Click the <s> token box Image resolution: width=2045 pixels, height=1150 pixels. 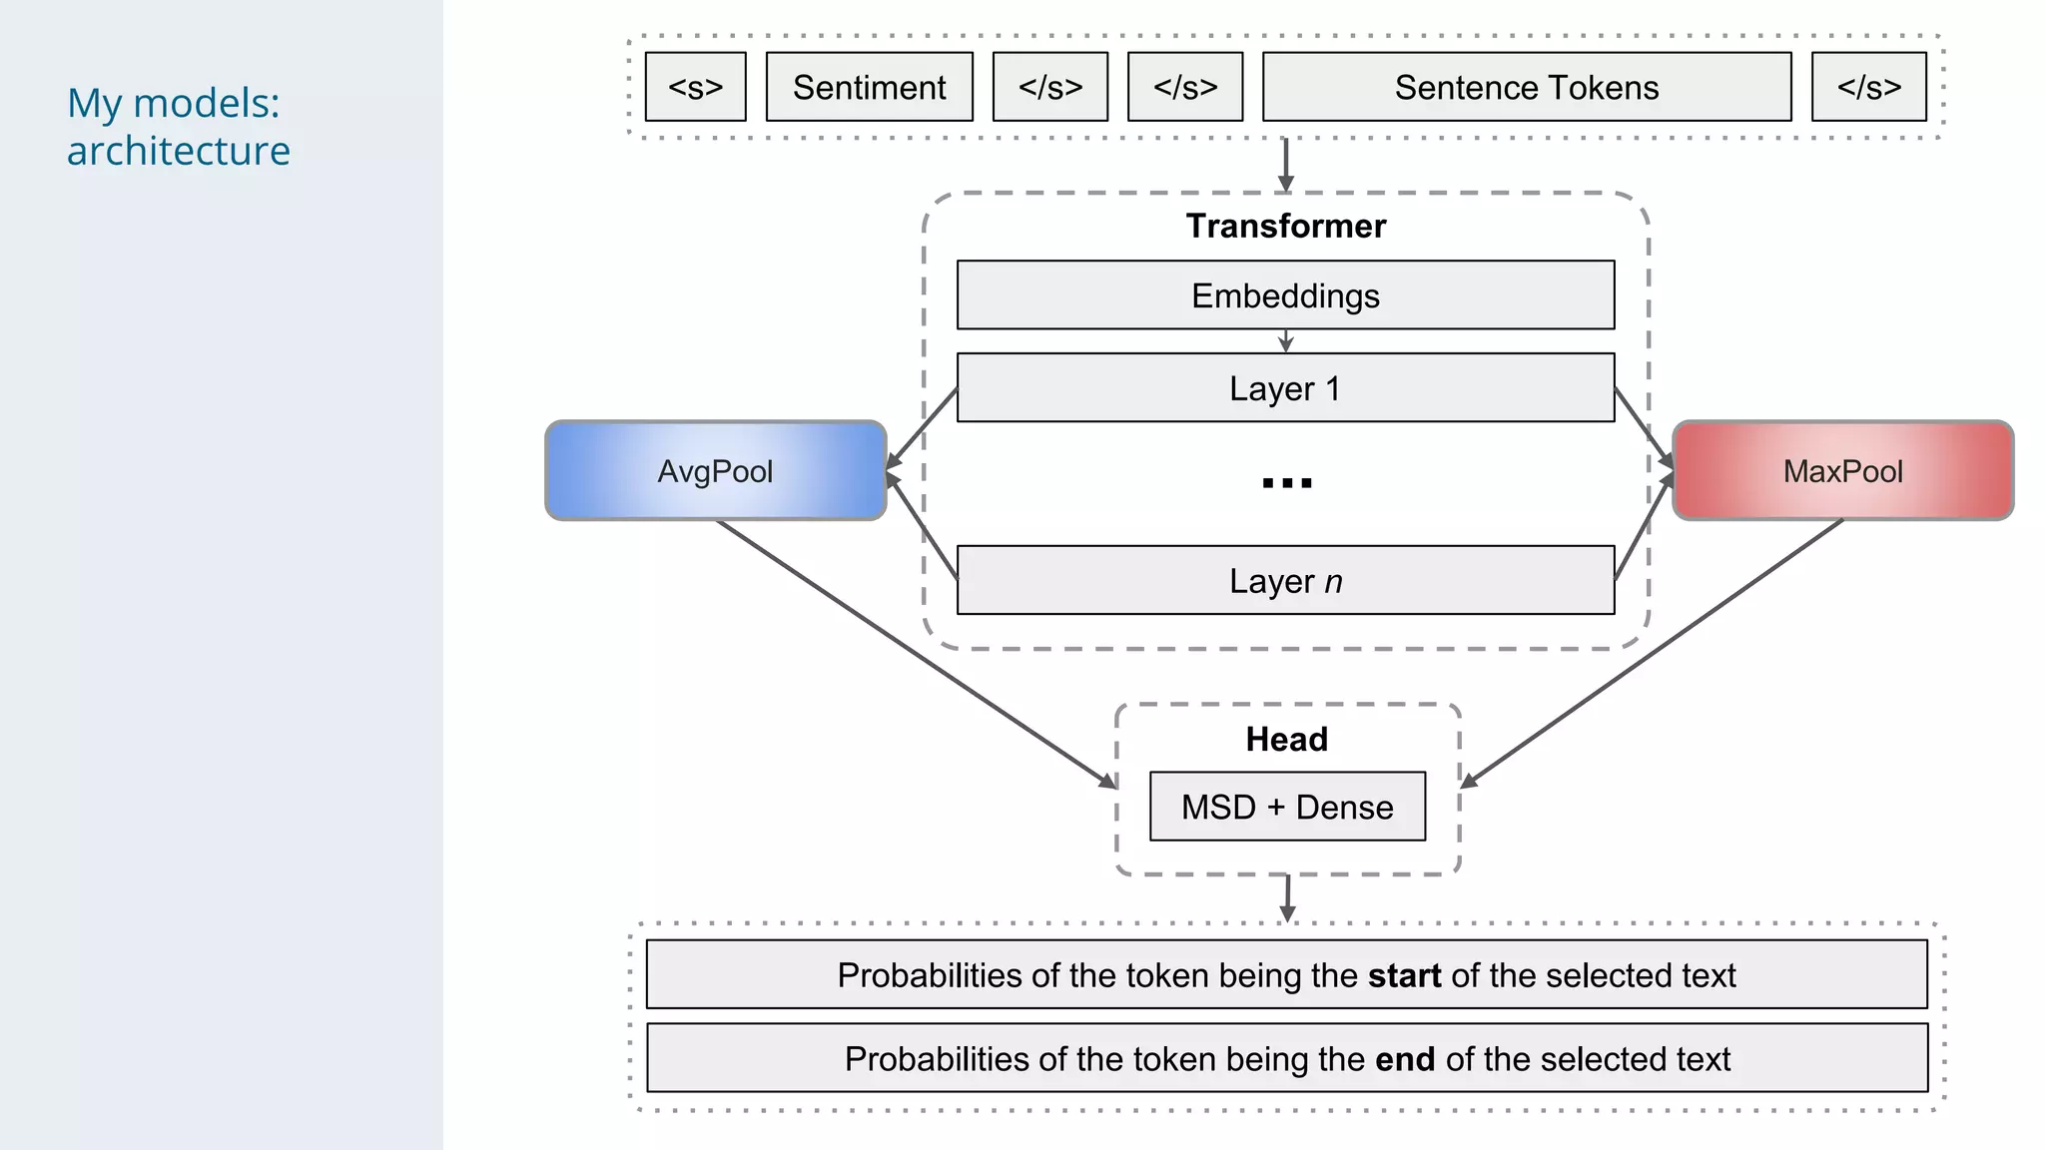click(x=695, y=87)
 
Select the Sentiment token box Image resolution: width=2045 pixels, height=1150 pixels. click(x=869, y=87)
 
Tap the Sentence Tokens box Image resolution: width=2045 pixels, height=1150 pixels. click(x=1526, y=87)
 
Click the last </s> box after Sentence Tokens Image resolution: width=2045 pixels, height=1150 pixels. click(x=1868, y=87)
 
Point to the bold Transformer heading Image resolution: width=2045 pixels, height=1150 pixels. click(x=1285, y=226)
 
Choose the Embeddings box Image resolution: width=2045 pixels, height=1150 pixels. click(x=1285, y=295)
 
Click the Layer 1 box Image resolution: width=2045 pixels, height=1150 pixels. click(x=1285, y=388)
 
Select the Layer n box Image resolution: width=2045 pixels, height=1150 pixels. click(x=1285, y=580)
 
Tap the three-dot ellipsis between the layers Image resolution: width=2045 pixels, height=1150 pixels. click(x=1286, y=483)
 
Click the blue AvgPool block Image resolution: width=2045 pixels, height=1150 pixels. click(x=715, y=471)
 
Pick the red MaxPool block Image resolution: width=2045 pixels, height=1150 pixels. click(x=1842, y=471)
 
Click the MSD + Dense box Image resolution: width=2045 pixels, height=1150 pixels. click(x=1287, y=807)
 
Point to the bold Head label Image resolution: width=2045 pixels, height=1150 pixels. click(x=1286, y=740)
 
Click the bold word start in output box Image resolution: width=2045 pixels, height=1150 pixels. click(x=1404, y=975)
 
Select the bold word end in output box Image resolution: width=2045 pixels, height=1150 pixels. click(x=1404, y=1059)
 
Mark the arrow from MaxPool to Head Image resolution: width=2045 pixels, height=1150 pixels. click(x=1653, y=653)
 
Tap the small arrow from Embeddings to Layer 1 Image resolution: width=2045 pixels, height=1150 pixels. click(x=1285, y=341)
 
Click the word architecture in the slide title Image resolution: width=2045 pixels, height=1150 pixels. click(x=179, y=152)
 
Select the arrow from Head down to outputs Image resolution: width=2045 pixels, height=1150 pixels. click(x=1287, y=897)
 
